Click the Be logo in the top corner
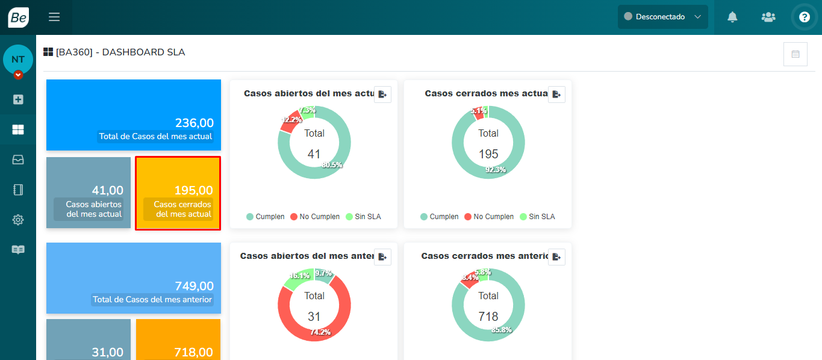(x=18, y=17)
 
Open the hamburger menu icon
(x=54, y=17)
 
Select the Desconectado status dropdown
(x=662, y=17)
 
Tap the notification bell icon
(x=732, y=17)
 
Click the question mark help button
(x=804, y=17)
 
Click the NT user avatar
(x=18, y=60)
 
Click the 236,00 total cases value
(x=194, y=123)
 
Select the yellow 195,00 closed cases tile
(x=178, y=193)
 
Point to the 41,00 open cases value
(x=107, y=190)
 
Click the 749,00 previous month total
(x=194, y=286)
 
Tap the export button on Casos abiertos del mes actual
(x=382, y=95)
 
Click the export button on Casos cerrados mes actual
(x=556, y=95)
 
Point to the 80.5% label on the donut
(x=332, y=165)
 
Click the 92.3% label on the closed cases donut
(x=496, y=170)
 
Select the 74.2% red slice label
(x=320, y=332)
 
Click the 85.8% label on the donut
(x=501, y=330)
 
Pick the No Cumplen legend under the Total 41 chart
(x=315, y=217)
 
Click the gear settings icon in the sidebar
(x=18, y=220)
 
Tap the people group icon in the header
(x=768, y=17)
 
